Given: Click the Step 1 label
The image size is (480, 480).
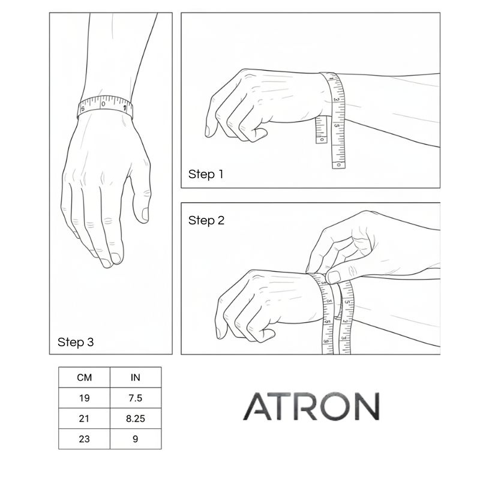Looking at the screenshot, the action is [x=206, y=174].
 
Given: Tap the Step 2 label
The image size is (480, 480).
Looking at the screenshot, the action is [x=206, y=220].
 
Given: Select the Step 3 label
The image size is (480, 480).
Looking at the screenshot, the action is [x=76, y=342].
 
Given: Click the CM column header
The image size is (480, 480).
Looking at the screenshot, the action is [x=84, y=377].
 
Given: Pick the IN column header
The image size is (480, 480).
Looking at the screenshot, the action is [x=136, y=377].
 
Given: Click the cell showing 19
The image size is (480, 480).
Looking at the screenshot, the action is [x=84, y=398].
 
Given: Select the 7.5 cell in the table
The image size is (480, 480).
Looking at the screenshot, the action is [x=136, y=398].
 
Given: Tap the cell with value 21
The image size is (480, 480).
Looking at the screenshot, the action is [x=84, y=418].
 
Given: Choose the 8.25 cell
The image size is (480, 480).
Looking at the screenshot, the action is [x=136, y=418].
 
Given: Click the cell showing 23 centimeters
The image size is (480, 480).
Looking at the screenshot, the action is [x=84, y=439].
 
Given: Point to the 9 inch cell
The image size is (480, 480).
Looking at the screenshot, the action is [x=136, y=439].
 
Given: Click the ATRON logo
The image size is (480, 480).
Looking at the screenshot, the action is [x=311, y=406].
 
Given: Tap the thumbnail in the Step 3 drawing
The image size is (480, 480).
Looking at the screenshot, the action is [x=145, y=214].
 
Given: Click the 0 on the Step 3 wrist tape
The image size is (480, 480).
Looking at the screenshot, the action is [x=103, y=104].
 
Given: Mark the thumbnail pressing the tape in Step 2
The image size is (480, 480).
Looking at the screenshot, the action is [x=334, y=277].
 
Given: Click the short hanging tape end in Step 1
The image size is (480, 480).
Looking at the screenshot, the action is [x=321, y=130].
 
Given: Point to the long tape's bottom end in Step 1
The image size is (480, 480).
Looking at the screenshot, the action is [x=338, y=164].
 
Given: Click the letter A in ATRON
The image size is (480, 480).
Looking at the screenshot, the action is [x=257, y=406].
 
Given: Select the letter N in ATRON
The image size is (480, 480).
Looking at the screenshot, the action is [x=367, y=406].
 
